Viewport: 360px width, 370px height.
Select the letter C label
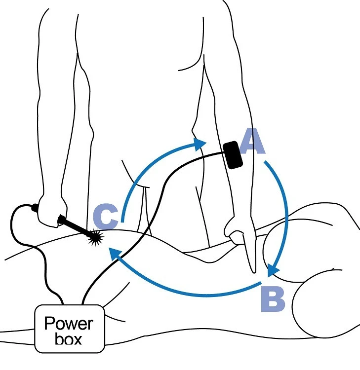(105, 216)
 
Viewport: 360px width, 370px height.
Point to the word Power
(68, 324)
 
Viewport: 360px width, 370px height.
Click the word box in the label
(69, 339)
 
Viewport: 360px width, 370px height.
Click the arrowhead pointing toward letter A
(200, 144)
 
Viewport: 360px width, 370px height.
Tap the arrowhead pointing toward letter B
(273, 270)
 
